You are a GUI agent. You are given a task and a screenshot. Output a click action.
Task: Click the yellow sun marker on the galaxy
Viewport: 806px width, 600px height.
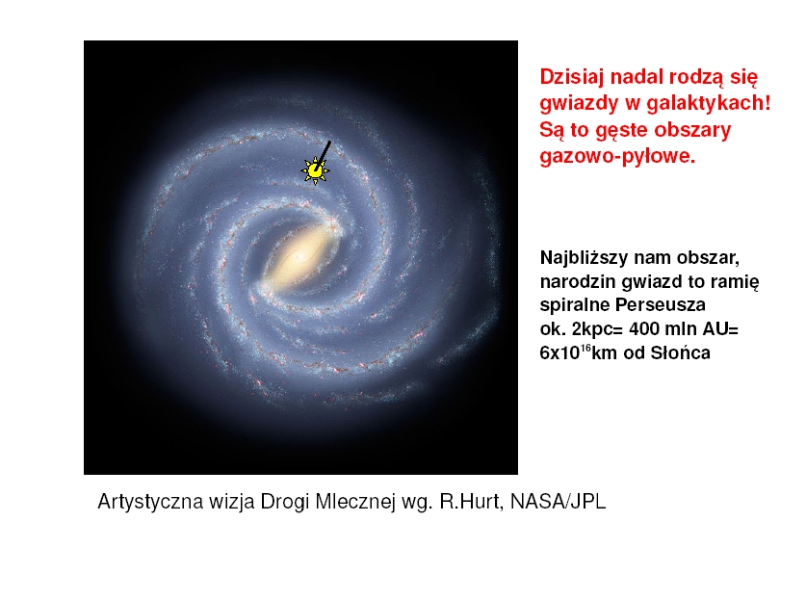tap(315, 170)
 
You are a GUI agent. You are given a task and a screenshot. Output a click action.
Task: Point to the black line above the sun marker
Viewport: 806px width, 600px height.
tap(323, 154)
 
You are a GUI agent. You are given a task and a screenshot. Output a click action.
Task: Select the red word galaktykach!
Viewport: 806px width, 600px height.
tap(710, 103)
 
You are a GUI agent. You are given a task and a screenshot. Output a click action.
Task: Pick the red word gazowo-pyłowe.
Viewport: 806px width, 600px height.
tap(617, 156)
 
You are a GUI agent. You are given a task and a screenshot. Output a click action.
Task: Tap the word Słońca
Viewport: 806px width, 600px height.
tap(680, 352)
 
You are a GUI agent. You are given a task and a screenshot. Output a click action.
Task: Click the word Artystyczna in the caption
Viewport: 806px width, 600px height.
tap(150, 502)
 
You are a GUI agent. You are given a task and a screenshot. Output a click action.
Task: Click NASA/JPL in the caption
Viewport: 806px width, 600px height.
tap(558, 502)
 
